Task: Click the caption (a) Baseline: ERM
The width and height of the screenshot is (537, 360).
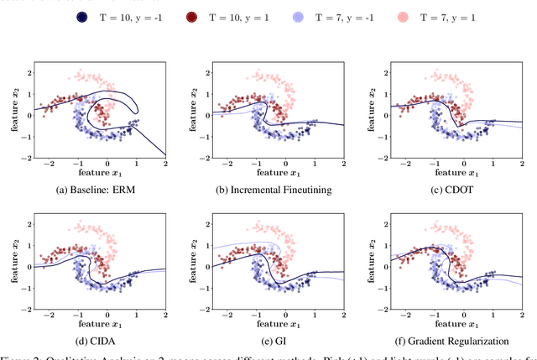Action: tap(94, 190)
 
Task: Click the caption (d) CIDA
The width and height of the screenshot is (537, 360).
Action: tap(94, 342)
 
